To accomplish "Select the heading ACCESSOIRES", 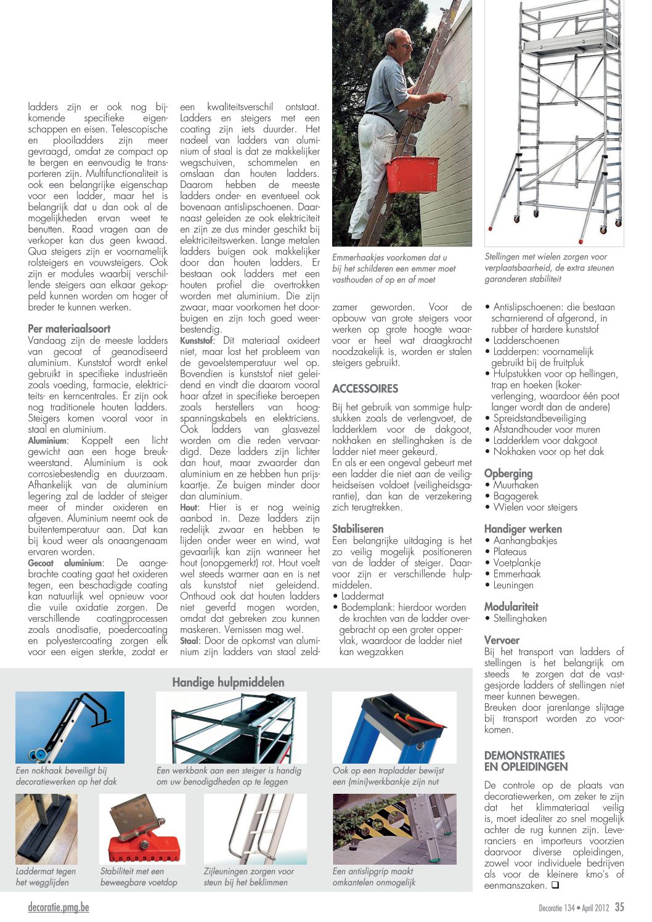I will tap(365, 389).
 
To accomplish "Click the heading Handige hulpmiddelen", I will tap(228, 682).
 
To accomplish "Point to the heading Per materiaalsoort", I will tap(69, 328).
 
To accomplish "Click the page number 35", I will tap(619, 907).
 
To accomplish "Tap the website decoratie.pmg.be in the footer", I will tap(59, 907).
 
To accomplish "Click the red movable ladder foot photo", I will tap(142, 829).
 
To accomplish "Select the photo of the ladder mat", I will tap(46, 829).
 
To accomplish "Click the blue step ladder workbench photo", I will tap(394, 727).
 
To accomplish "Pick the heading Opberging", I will tap(508, 473).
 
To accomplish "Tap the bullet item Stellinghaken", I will tap(520, 618).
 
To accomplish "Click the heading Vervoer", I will tap(502, 640).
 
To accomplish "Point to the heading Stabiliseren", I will tap(357, 529).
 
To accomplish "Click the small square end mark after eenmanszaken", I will tap(555, 885).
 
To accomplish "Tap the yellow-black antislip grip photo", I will tap(394, 829).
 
